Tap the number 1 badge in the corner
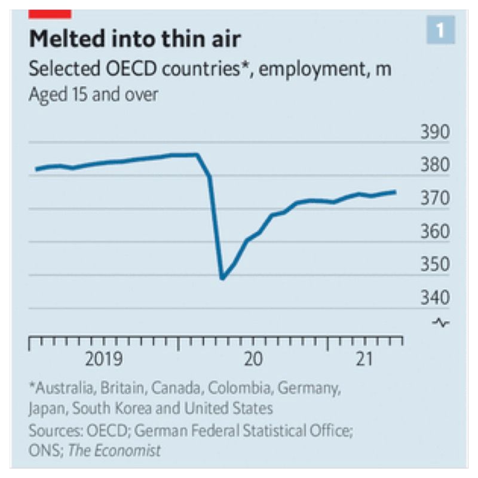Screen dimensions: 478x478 tap(440, 31)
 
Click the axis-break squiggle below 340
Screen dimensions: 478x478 tap(443, 323)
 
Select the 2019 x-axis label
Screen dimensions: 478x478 tap(104, 360)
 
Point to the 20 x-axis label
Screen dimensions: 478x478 tap(254, 360)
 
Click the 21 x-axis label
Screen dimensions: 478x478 tap(364, 360)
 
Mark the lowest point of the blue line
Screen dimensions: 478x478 tap(222, 278)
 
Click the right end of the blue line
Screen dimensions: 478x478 tap(395, 192)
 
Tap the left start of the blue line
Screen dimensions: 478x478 tap(36, 170)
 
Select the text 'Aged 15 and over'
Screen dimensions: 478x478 tap(93, 94)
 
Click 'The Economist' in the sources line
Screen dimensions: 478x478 tap(114, 451)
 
